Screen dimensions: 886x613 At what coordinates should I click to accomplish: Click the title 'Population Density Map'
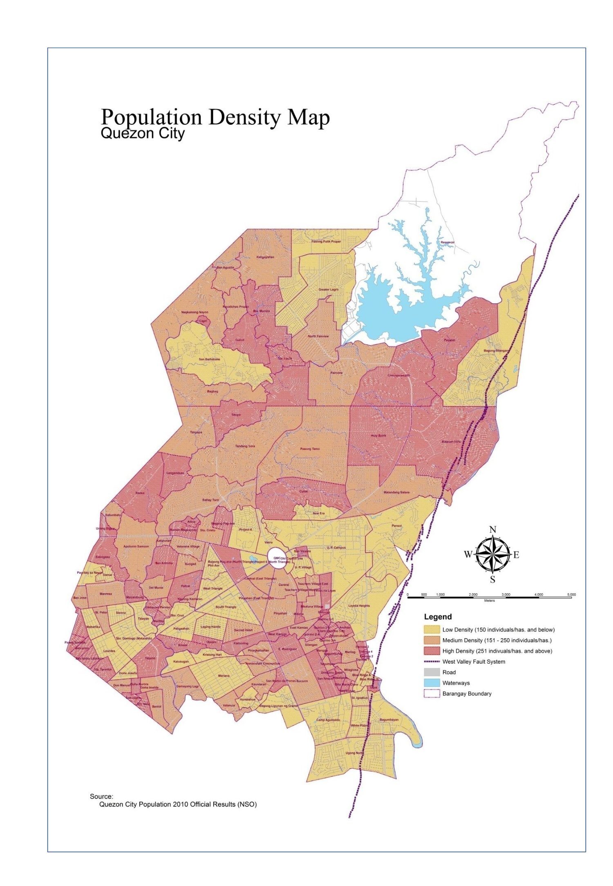(x=215, y=117)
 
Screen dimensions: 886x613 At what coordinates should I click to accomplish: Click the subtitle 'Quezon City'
(x=142, y=134)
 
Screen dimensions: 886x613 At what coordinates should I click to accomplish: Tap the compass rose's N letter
(x=493, y=530)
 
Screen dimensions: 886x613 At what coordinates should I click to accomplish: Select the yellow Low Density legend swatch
(x=432, y=630)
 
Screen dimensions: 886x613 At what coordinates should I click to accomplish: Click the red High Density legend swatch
(x=432, y=651)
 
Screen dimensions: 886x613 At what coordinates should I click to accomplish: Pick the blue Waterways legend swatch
(x=432, y=683)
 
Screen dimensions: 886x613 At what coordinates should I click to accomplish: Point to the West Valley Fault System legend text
(x=474, y=662)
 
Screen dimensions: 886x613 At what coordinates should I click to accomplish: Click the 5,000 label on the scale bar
(x=571, y=594)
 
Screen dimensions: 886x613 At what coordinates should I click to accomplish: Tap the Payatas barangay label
(x=450, y=340)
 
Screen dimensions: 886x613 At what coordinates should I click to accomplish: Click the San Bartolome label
(x=209, y=359)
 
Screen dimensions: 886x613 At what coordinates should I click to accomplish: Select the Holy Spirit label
(x=378, y=436)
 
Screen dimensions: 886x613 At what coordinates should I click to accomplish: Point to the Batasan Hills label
(x=451, y=442)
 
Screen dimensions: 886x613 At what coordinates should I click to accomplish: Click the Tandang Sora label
(x=245, y=446)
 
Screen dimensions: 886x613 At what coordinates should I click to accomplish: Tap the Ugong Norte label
(x=354, y=753)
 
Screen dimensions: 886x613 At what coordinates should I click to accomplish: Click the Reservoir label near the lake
(x=447, y=242)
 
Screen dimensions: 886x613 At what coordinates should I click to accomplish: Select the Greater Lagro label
(x=329, y=289)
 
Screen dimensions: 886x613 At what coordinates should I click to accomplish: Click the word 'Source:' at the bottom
(x=101, y=796)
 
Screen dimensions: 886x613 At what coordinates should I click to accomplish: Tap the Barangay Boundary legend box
(x=432, y=693)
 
